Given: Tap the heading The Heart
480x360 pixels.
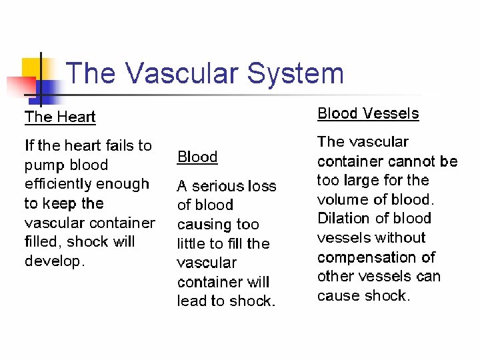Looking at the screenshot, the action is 60,117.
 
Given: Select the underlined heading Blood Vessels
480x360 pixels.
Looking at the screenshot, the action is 368,113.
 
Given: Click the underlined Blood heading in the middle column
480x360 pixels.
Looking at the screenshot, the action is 197,157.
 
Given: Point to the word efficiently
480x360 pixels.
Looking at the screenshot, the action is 59,184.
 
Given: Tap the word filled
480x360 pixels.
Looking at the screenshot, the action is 42,241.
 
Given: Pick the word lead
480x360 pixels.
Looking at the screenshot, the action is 191,301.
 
